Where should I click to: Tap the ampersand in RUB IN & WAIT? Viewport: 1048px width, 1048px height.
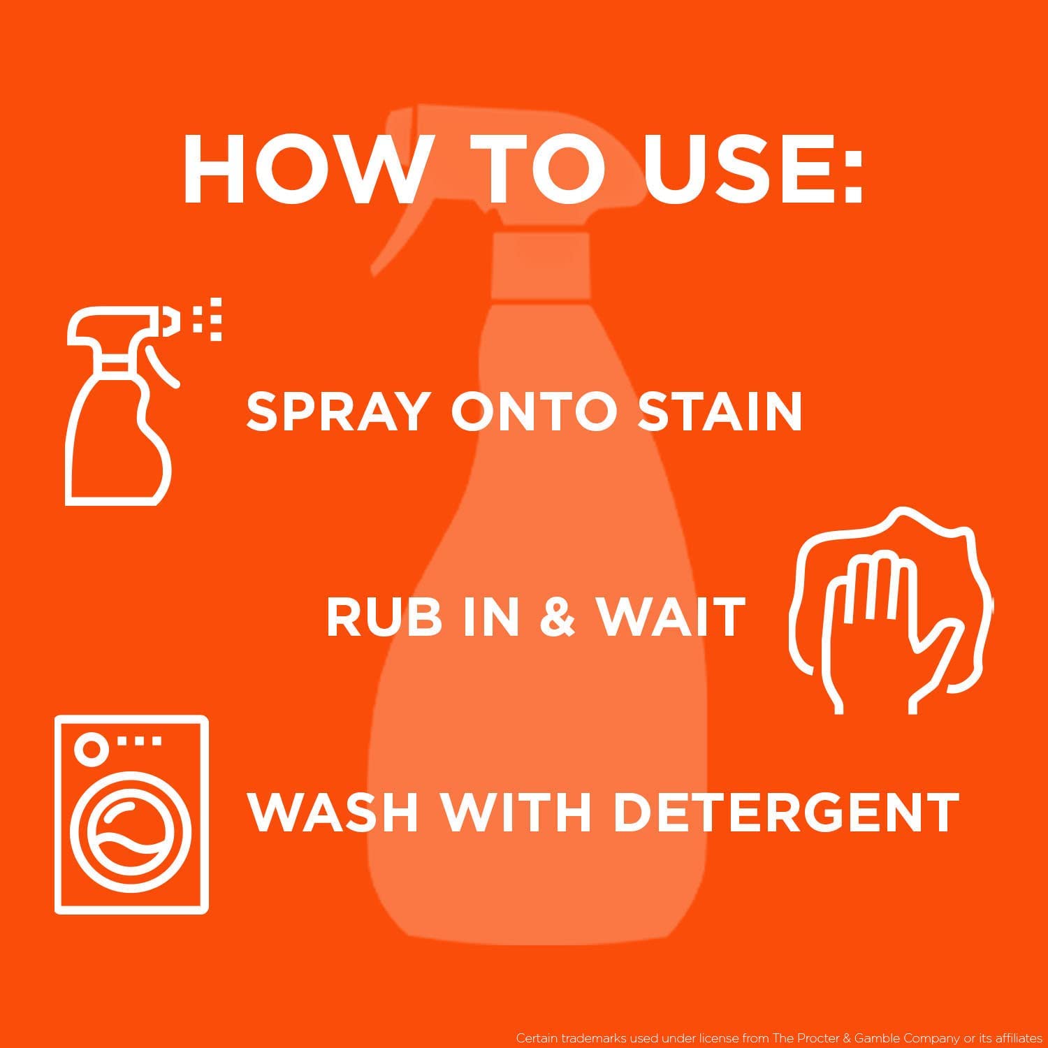558,618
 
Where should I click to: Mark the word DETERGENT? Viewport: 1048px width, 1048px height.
785,813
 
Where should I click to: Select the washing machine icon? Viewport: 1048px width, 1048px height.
131,815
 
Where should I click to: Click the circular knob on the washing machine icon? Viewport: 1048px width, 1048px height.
92,747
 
